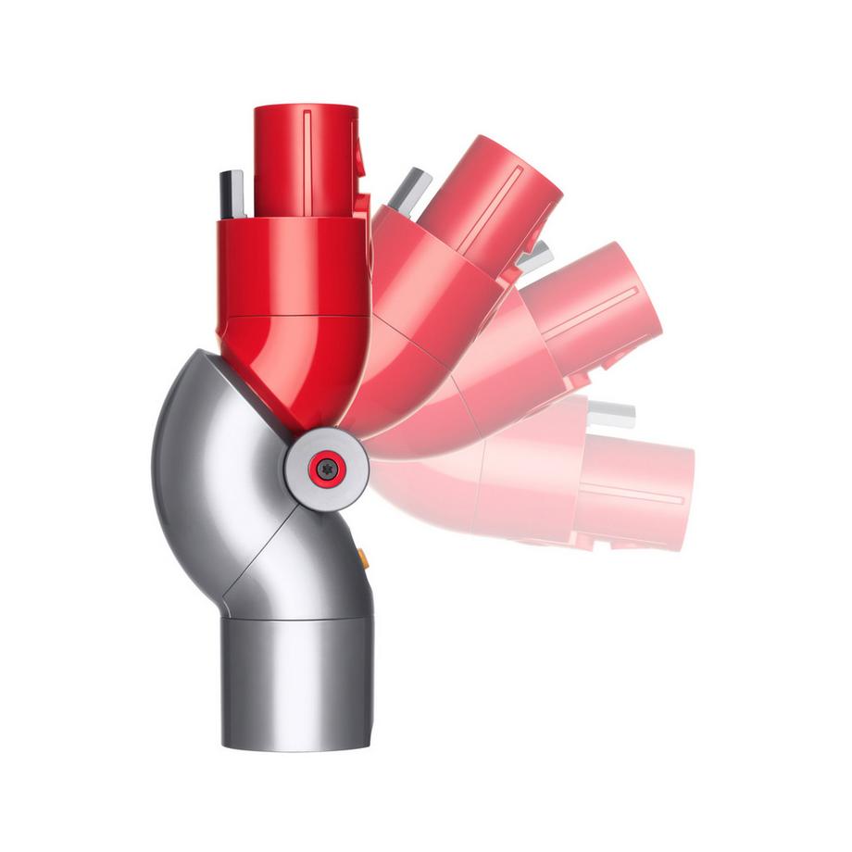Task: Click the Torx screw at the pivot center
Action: click(326, 470)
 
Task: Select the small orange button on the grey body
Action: click(363, 558)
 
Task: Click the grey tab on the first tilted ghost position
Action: click(410, 189)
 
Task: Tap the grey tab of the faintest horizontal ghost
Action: click(612, 413)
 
